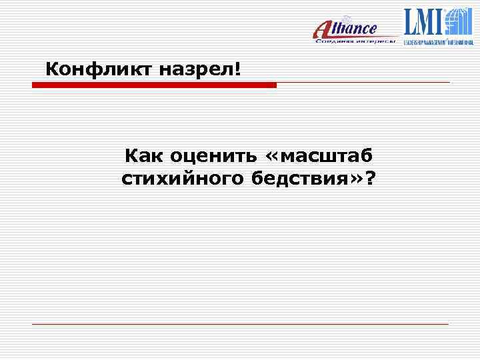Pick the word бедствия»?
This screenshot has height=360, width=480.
pos(313,179)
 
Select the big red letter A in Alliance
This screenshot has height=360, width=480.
pos(323,30)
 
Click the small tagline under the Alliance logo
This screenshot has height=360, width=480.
pos(356,41)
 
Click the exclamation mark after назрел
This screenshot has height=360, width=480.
pos(237,68)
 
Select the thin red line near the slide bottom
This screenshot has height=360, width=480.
pos(240,324)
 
